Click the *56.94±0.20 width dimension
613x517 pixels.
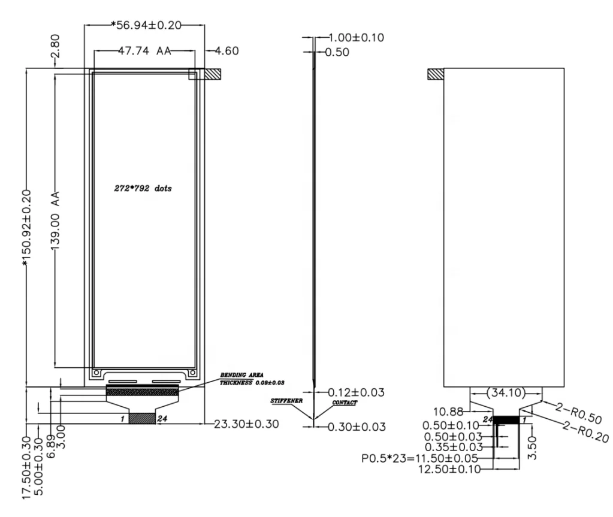click(x=146, y=25)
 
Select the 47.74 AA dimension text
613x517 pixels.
click(x=144, y=51)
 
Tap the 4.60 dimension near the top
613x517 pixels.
click(x=227, y=51)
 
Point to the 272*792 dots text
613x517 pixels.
click(x=143, y=188)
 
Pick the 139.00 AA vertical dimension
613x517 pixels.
click(x=55, y=221)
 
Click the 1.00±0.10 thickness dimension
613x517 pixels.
click(x=356, y=38)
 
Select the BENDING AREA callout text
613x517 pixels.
click(x=241, y=375)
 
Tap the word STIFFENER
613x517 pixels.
click(x=286, y=401)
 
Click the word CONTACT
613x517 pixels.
click(x=345, y=403)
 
